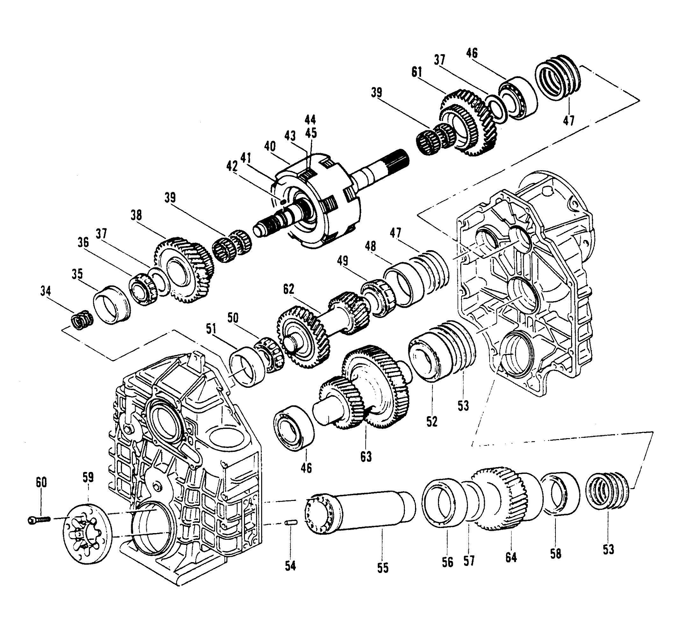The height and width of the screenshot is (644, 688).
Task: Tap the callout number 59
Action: point(88,477)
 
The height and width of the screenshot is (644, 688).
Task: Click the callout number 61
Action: point(417,72)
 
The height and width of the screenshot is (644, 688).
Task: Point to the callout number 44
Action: point(310,120)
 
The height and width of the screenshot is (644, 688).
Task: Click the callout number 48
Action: point(370,246)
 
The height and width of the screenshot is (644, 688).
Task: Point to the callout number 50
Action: point(233,317)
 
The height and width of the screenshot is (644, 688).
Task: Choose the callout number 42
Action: point(232,167)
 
